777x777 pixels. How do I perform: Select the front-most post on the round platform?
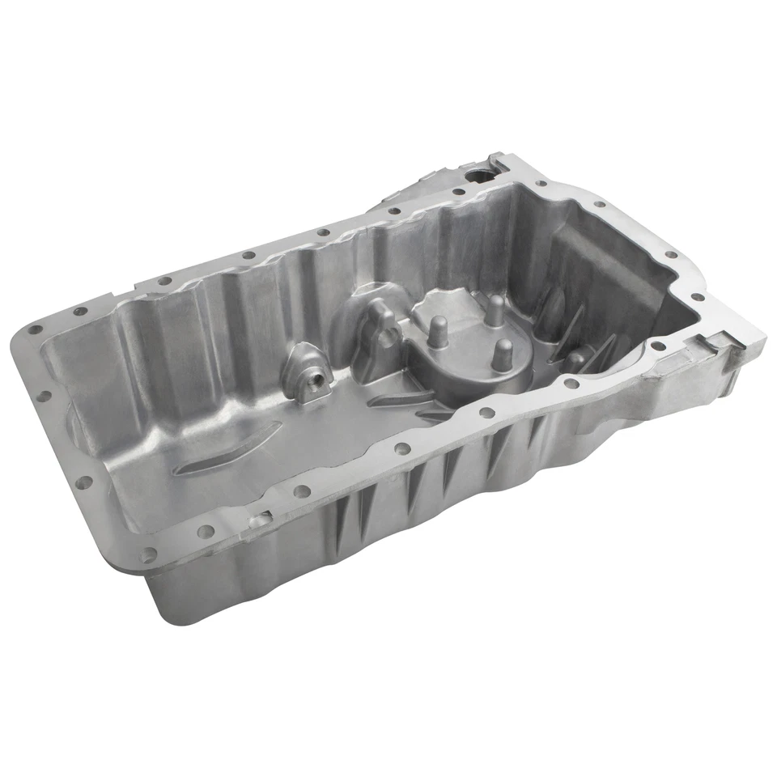point(503,353)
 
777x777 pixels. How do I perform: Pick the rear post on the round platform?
point(495,309)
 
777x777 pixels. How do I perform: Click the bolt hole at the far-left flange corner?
point(36,329)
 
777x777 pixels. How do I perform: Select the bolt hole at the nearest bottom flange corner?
point(148,555)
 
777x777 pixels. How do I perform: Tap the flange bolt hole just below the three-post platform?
point(486,412)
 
